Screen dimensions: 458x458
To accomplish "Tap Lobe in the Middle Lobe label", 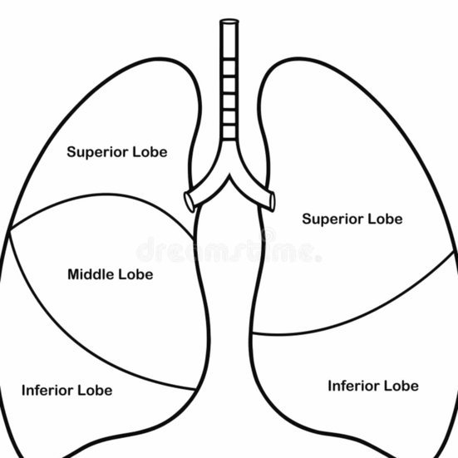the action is pos(135,274).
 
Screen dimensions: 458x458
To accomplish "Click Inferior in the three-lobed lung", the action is pos(47,391).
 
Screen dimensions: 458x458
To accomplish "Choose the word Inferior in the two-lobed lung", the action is pos(353,386).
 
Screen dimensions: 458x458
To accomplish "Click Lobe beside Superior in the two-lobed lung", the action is pos(385,219).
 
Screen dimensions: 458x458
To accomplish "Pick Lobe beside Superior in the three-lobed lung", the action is pos(150,152).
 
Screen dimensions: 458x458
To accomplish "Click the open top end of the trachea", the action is pos(229,21).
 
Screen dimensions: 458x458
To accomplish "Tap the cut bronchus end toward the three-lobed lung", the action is pos(190,201).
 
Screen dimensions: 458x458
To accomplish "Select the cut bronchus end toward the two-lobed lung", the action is pos(273,201).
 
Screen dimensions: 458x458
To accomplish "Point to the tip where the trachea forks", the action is pos(229,175).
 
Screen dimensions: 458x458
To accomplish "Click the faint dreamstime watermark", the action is pos(229,249).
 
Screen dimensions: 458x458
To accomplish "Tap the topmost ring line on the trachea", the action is pos(229,60).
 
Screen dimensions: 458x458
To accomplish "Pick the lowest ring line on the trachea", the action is pos(229,140).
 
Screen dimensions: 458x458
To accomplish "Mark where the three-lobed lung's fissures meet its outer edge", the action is pos(9,230).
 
